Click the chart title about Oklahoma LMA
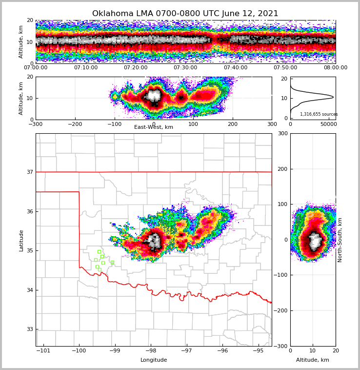(185, 14)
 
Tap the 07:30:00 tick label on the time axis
(185, 68)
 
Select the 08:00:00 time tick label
(335, 68)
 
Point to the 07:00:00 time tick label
(36, 68)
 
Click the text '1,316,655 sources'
(319, 114)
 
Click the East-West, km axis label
(154, 127)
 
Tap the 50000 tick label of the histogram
(328, 124)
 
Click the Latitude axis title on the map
(21, 240)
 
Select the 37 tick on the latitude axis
(30, 172)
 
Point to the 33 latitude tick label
(30, 329)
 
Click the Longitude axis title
(154, 360)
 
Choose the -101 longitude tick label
(43, 350)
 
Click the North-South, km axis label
(340, 240)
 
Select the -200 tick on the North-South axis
(282, 310)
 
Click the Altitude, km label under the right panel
(313, 360)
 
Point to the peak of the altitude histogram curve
(333, 97)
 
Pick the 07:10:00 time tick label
(85, 68)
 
